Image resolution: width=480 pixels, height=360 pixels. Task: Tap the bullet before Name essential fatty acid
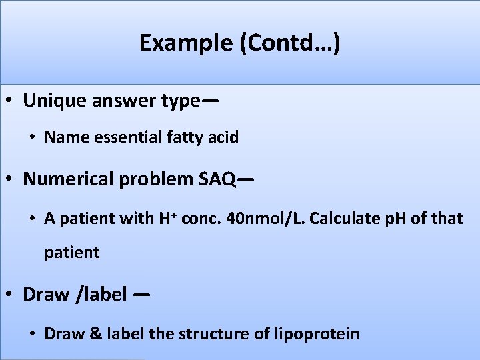tap(32, 138)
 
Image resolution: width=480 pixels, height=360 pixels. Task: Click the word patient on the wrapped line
tap(71, 253)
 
